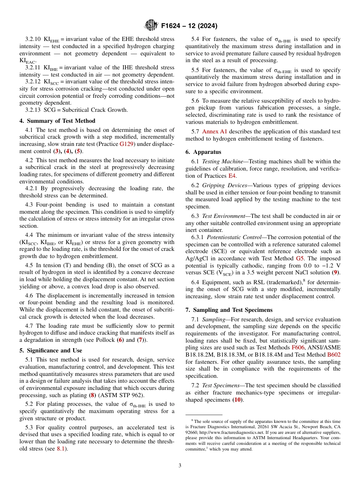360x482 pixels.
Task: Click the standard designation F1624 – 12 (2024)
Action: coord(189,26)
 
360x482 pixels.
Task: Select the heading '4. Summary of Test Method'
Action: coord(57,121)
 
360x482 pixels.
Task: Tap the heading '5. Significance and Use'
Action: coord(51,351)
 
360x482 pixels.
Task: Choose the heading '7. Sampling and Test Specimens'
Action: coord(229,310)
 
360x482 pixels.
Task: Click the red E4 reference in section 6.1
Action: coord(232,176)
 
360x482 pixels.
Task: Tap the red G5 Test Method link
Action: coord(300,258)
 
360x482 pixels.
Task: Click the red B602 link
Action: coord(334,354)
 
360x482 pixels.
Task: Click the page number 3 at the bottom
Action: coord(180,466)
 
